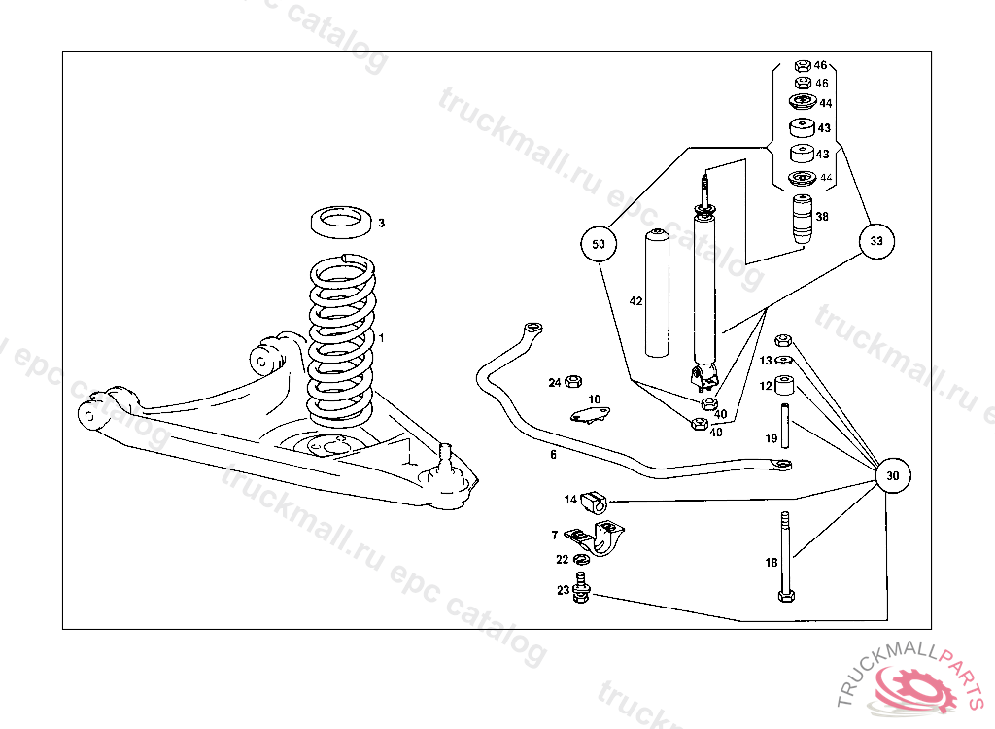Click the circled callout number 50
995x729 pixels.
coord(599,244)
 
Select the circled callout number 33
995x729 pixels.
coord(876,241)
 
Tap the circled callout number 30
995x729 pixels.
coord(893,476)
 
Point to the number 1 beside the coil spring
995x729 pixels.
coord(382,338)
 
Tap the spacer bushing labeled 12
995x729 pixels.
coord(785,386)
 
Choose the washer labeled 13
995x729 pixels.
coord(785,361)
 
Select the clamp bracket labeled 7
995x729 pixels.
coord(600,539)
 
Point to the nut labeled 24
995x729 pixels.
coord(573,382)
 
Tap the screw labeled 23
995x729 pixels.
coord(582,589)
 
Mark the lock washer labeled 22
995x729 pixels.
coord(582,560)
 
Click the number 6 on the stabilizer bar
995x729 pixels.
coord(553,454)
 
